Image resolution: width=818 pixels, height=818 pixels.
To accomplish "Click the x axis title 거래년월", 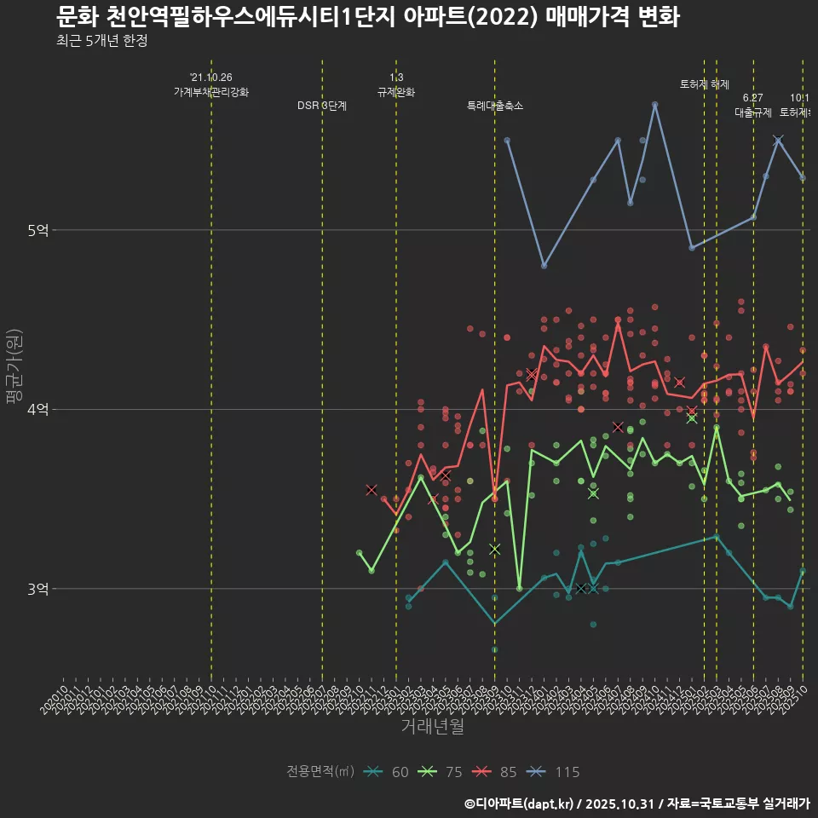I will click(x=433, y=726).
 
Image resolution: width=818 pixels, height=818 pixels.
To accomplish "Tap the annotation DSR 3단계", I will click(x=322, y=107).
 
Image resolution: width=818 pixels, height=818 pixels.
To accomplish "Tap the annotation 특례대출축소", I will click(x=495, y=107).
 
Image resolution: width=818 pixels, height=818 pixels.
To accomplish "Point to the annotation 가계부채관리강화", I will click(x=211, y=92).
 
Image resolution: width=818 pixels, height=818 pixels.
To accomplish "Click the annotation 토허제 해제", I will click(x=705, y=84).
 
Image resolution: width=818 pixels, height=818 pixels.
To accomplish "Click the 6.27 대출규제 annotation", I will click(x=753, y=106).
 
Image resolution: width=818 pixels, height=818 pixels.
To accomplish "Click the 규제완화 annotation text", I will click(x=396, y=92).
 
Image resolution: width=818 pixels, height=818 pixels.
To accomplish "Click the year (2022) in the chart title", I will click(x=509, y=17).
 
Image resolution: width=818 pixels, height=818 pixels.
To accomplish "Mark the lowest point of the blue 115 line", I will click(x=544, y=266).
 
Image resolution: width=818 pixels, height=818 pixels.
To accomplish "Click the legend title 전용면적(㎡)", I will click(x=320, y=772).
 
